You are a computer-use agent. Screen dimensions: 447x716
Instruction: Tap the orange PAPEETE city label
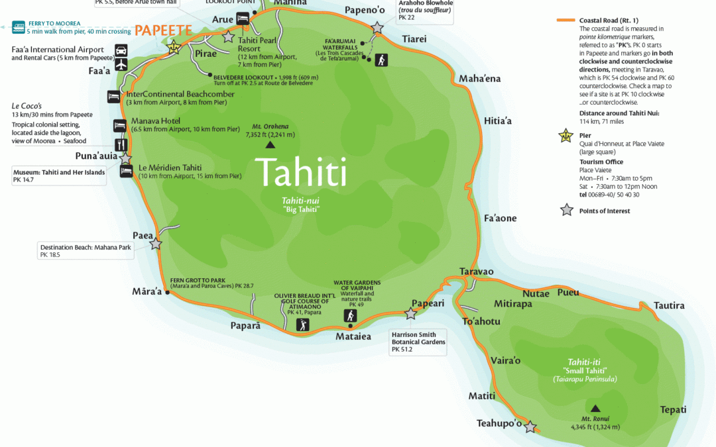[x=163, y=30]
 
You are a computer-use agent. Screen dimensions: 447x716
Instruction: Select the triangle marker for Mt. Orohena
[x=270, y=144]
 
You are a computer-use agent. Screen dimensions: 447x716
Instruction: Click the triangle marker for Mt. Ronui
[x=595, y=409]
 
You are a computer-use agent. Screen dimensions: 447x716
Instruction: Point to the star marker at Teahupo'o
[x=530, y=427]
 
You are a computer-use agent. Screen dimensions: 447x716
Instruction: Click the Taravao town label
[x=477, y=272]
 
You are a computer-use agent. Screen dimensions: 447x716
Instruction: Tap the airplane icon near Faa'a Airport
[x=121, y=64]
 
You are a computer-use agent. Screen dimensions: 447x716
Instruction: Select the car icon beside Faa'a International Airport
[x=121, y=50]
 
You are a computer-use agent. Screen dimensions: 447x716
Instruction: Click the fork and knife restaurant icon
[x=120, y=144]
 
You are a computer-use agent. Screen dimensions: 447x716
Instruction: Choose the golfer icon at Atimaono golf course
[x=302, y=324]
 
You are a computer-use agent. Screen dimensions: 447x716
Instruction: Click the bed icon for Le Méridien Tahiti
[x=126, y=171]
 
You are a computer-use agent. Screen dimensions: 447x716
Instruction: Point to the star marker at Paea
[x=155, y=244]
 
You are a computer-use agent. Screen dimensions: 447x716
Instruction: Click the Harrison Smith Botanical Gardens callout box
[x=418, y=342]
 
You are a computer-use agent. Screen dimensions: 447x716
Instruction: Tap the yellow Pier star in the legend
[x=566, y=136]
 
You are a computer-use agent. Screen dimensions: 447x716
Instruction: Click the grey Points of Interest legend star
[x=566, y=211]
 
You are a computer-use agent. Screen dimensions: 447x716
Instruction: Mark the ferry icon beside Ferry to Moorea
[x=17, y=27]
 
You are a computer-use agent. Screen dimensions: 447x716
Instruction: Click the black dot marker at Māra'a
[x=167, y=292]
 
